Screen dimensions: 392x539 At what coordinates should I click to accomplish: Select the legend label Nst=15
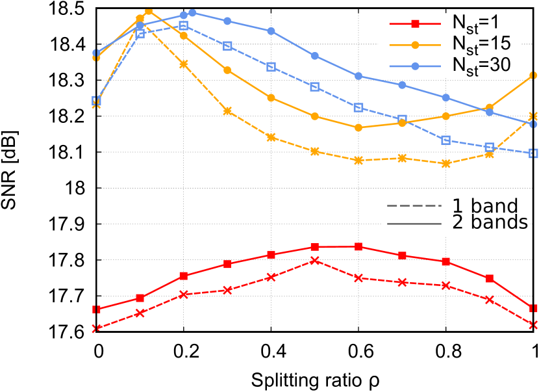[481, 44]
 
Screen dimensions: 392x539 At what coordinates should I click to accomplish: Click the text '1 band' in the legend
[485, 207]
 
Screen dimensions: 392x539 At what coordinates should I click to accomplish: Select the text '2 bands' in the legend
[490, 224]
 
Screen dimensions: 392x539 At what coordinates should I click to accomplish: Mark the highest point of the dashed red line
[315, 261]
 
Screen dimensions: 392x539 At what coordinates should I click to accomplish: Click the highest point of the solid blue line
[192, 12]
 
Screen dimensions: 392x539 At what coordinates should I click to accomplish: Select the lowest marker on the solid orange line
[358, 127]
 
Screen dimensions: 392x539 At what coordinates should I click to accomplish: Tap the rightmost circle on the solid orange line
[533, 75]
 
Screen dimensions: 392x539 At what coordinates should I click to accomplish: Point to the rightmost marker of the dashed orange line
[533, 116]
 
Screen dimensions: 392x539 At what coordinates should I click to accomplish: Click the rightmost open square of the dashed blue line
[533, 153]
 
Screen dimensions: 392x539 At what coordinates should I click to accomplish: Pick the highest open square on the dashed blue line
[184, 26]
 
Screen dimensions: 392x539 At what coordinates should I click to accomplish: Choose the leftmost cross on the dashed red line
[97, 328]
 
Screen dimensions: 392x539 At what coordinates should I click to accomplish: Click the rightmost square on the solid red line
[533, 307]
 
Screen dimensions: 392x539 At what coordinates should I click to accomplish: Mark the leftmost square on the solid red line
[97, 309]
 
